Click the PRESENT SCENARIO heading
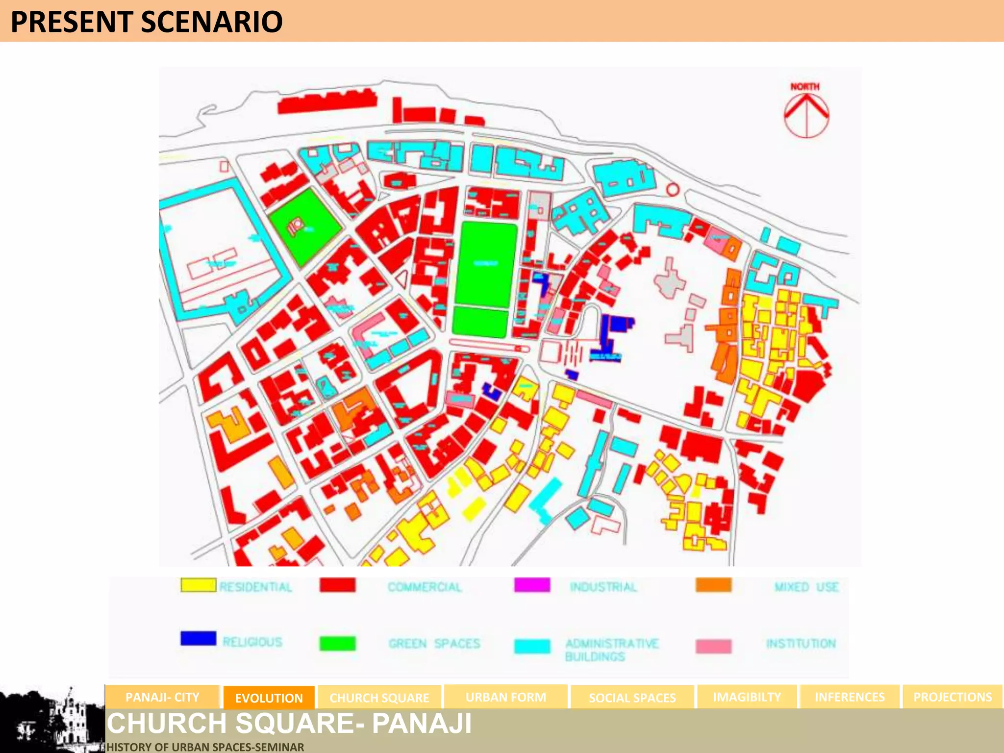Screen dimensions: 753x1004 click(146, 22)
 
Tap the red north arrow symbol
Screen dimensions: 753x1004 click(806, 116)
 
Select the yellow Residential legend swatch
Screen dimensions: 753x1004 click(198, 585)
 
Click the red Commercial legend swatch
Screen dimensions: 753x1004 click(337, 585)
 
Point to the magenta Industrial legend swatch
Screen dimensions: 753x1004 click(532, 585)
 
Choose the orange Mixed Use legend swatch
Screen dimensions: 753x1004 click(713, 585)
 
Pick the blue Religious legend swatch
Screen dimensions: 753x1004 click(198, 638)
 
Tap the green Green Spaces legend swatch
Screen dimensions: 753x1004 click(337, 643)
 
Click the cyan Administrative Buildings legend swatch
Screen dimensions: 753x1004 click(532, 646)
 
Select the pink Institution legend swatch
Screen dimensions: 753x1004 click(713, 646)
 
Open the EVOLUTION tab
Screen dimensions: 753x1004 click(269, 698)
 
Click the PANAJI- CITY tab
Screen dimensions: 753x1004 click(162, 697)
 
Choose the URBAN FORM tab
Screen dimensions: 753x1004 click(505, 697)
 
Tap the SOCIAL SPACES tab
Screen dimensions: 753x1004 click(632, 698)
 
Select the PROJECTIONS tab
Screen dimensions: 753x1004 click(952, 697)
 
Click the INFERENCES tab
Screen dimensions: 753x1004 click(850, 697)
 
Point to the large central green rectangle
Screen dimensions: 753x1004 click(486, 265)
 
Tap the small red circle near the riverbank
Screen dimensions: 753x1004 click(673, 190)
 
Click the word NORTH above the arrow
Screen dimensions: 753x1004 click(804, 87)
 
